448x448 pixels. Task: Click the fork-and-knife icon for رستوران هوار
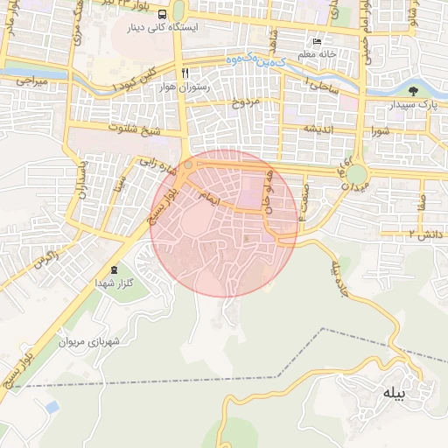pos(185,71)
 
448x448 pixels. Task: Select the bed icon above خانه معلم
pos(317,42)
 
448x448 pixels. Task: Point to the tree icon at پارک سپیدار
pos(412,90)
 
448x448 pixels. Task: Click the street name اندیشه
pos(320,129)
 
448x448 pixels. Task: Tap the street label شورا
pos(385,132)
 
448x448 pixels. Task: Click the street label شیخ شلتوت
pos(134,128)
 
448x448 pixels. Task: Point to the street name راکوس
pos(45,260)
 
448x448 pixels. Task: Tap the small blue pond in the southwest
pos(52,407)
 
